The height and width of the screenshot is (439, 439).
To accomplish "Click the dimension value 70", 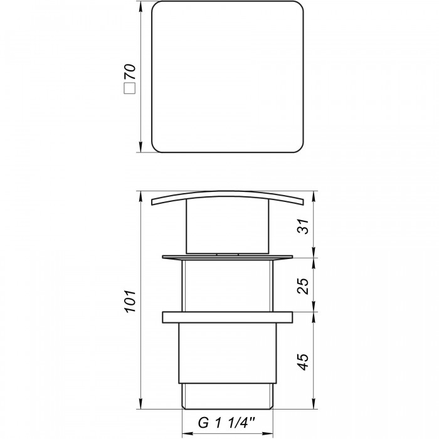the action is [x=130, y=72].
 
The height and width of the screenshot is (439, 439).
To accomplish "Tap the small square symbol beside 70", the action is [x=130, y=88].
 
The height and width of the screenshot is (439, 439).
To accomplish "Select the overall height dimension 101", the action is [x=130, y=301].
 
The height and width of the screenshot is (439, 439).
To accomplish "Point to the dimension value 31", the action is [x=303, y=226].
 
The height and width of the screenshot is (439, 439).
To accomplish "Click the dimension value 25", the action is [x=303, y=286].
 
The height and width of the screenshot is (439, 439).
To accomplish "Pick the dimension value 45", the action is [x=303, y=362].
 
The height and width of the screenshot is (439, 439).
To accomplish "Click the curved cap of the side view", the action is [x=227, y=193].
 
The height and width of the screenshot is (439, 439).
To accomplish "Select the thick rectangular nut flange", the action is [x=227, y=317].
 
